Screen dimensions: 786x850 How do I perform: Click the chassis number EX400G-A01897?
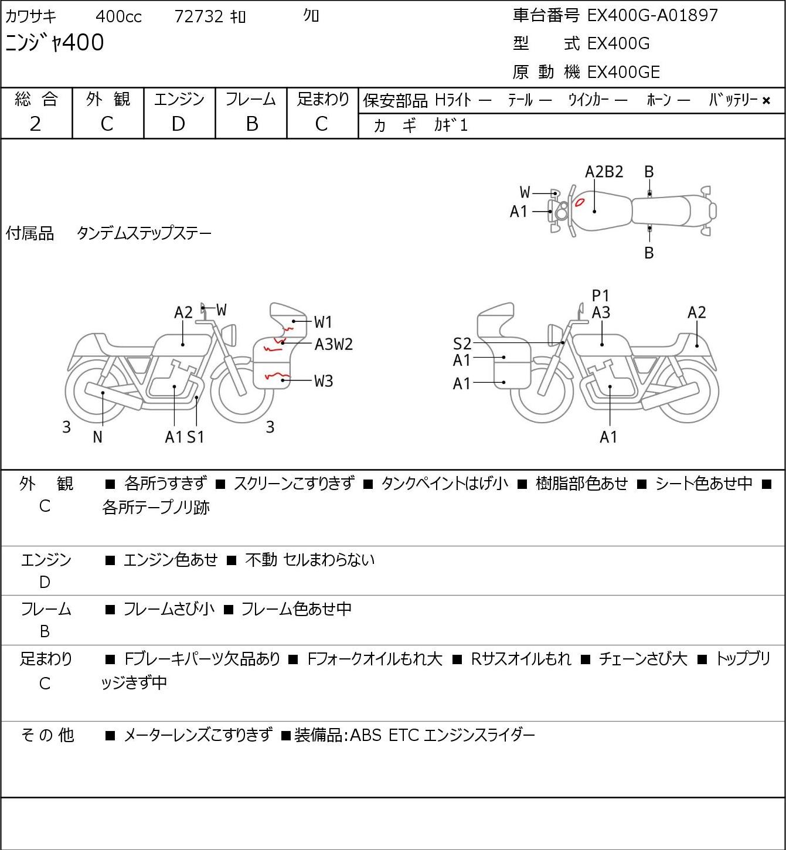pyautogui.click(x=652, y=15)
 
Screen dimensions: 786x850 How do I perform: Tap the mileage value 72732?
pyautogui.click(x=199, y=16)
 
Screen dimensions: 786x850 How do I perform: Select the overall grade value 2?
pyautogui.click(x=36, y=124)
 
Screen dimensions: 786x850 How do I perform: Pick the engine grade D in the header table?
pyautogui.click(x=179, y=124)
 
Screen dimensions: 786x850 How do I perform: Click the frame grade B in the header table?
pyautogui.click(x=252, y=124)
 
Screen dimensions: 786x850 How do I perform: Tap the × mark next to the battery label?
pyautogui.click(x=766, y=101)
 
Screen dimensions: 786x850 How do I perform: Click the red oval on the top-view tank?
pyautogui.click(x=580, y=202)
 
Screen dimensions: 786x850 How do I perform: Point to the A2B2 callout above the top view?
pyautogui.click(x=604, y=172)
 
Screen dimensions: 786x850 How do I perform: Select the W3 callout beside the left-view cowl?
pyautogui.click(x=324, y=381)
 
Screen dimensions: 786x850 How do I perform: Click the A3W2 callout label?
pyautogui.click(x=334, y=344)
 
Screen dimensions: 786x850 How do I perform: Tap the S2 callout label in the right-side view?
pyautogui.click(x=462, y=344)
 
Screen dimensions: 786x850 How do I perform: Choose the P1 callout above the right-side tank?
pyautogui.click(x=601, y=295)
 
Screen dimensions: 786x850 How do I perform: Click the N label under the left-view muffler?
pyautogui.click(x=98, y=437)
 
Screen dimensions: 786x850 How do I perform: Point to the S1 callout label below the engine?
pyautogui.click(x=196, y=437)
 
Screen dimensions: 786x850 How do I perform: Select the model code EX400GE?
pyautogui.click(x=624, y=72)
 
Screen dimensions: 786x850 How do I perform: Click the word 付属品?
pyautogui.click(x=30, y=233)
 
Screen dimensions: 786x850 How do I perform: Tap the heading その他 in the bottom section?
pyautogui.click(x=47, y=735)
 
